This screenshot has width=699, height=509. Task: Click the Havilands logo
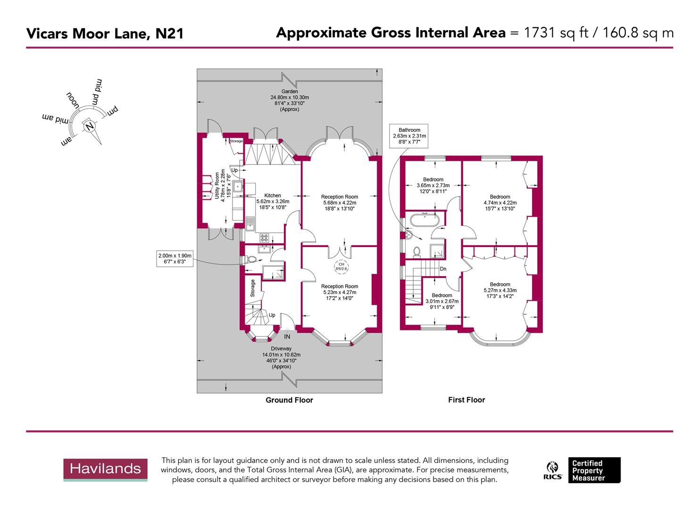point(105,469)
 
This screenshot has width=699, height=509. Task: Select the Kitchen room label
point(273,196)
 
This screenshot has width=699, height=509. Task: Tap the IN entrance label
point(287,337)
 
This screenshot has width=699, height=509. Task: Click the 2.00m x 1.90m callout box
point(175,259)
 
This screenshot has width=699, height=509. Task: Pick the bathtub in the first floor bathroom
point(425,220)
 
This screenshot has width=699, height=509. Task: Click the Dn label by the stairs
point(443,269)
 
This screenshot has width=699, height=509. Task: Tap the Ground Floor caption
point(289,400)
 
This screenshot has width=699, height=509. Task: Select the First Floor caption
point(466,400)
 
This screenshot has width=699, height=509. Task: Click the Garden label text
point(290,91)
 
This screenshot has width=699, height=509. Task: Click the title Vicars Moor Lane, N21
point(105,33)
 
